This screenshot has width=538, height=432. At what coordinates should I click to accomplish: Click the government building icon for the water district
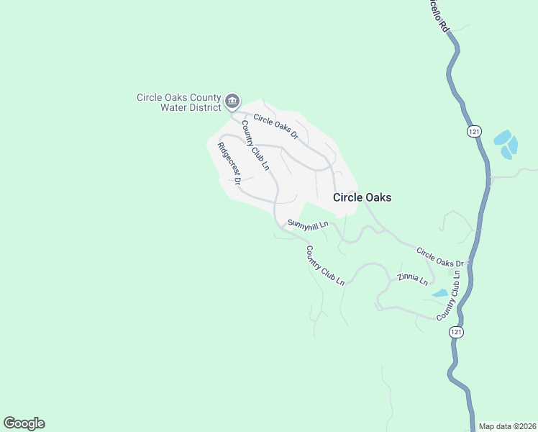(232, 102)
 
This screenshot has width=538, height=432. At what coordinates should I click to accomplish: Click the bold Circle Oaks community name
(362, 197)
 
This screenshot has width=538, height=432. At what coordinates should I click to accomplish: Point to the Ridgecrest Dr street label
(229, 163)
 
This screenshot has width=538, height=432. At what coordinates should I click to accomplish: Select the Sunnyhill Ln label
(308, 224)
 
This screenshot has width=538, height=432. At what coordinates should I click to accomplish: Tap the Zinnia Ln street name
(413, 279)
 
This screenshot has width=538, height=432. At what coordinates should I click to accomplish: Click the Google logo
(24, 423)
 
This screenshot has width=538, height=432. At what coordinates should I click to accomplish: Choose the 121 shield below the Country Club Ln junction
(455, 332)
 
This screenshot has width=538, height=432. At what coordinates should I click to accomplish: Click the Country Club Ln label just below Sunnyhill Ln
(325, 266)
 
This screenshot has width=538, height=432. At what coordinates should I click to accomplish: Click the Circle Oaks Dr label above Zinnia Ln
(441, 257)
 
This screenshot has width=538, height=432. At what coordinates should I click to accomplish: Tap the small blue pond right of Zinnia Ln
(439, 293)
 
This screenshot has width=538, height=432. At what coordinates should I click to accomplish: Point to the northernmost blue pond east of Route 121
(502, 136)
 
